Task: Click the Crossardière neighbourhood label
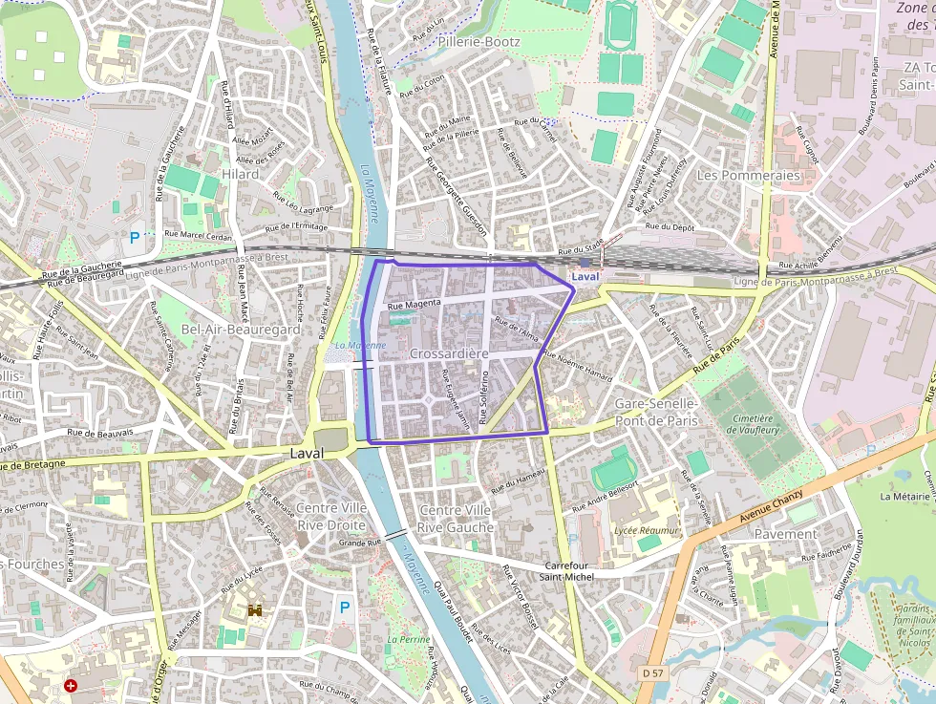tap(448, 353)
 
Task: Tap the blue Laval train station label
tap(586, 276)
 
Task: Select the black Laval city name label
tap(308, 454)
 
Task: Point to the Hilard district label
tap(240, 174)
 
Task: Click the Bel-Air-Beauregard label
tap(240, 329)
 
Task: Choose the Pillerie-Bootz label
tap(479, 41)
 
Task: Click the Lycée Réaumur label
tap(646, 530)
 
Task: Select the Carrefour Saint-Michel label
tap(566, 570)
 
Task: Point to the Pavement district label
tap(785, 534)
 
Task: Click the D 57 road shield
tap(653, 673)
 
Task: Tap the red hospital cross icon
tap(71, 685)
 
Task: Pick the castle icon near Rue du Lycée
tap(255, 609)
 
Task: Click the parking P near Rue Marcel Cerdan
tap(135, 237)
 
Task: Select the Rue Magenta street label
tap(414, 304)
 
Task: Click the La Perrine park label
tap(408, 639)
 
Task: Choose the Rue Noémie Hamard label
tap(578, 369)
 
